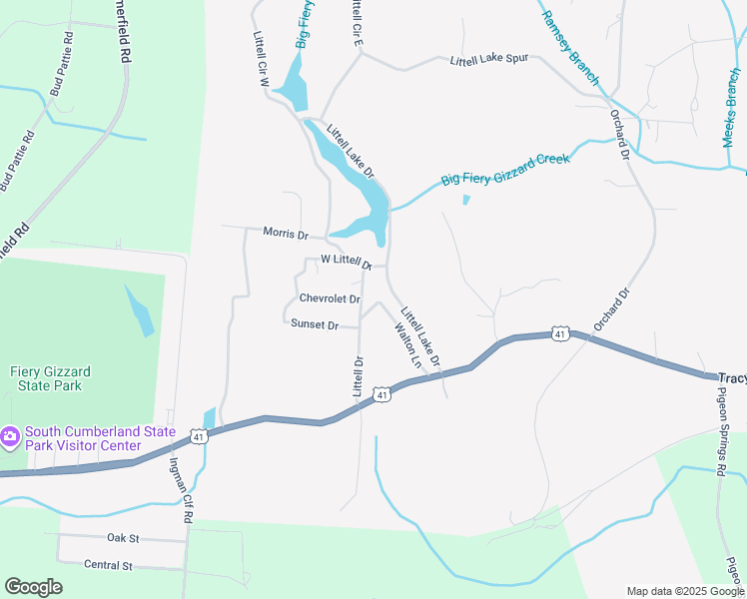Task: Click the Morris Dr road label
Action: click(286, 233)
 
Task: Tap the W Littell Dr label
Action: click(346, 262)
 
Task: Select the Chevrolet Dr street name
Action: click(329, 299)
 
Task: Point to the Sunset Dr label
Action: click(315, 324)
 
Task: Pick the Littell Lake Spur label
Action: click(488, 60)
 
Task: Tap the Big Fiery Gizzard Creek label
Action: click(505, 170)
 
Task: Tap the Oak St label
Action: click(122, 538)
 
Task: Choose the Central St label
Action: click(108, 565)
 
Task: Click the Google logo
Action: click(33, 587)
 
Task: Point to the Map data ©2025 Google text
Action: click(684, 591)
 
